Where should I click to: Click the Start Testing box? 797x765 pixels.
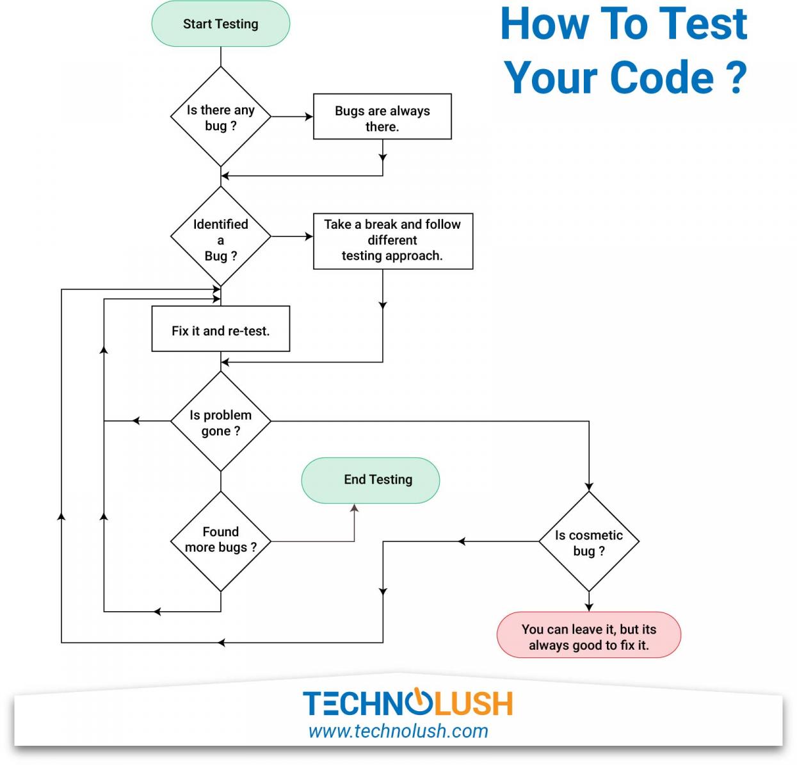coord(220,24)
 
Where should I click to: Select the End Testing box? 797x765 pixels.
coord(371,480)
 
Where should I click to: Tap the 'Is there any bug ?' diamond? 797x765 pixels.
coord(220,117)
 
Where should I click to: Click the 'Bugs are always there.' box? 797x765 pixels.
coord(382,117)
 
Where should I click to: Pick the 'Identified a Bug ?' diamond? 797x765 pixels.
coord(220,236)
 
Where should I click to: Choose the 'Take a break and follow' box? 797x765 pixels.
coord(392,241)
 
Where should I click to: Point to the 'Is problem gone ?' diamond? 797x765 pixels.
coord(220,422)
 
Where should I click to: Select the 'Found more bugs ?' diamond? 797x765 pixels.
coord(220,541)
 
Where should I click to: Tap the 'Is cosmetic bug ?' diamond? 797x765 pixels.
coord(588,542)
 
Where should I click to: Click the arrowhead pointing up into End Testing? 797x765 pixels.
coord(355,509)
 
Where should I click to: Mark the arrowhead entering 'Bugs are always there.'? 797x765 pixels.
coord(309,117)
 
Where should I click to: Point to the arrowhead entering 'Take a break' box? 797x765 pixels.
coord(309,236)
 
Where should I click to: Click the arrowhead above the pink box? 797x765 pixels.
coord(589,607)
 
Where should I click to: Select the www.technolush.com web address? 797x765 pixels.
coord(398,731)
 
